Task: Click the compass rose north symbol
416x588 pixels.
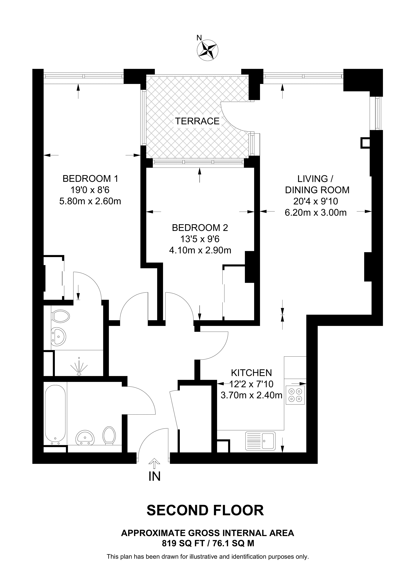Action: point(208,50)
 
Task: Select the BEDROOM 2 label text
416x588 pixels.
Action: point(200,227)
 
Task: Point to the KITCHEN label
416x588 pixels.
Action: point(251,372)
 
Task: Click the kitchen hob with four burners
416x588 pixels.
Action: point(295,395)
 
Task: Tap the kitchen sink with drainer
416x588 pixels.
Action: point(260,441)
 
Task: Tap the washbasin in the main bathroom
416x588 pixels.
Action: point(85,437)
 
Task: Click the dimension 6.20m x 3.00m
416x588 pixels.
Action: point(316,212)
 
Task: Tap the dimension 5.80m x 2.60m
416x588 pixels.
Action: point(90,201)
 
